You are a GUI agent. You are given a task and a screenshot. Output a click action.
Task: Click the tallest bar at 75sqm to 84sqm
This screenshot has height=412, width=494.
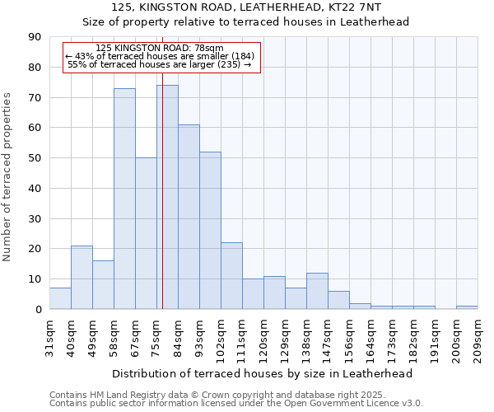click(167, 198)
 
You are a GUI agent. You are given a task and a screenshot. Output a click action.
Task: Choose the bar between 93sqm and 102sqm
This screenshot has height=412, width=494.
click(210, 231)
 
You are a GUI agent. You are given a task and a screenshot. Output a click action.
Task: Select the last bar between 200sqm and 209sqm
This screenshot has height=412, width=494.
click(467, 307)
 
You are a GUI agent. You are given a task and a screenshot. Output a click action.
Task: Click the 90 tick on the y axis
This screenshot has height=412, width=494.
click(35, 37)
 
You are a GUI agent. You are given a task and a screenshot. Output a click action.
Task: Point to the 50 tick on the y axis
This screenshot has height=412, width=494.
click(35, 158)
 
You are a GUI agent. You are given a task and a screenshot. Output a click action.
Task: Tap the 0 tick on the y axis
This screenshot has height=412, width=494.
click(38, 309)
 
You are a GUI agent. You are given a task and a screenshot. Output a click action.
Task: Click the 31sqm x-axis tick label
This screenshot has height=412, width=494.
click(50, 335)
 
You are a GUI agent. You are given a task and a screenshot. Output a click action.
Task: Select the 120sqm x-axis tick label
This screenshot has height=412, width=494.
click(264, 335)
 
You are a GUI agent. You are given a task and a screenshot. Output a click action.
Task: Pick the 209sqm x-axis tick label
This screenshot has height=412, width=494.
click(478, 335)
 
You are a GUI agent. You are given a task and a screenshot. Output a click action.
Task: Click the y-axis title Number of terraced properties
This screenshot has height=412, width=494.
click(7, 176)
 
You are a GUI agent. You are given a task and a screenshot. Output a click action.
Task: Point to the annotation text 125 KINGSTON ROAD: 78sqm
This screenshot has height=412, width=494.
click(159, 48)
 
